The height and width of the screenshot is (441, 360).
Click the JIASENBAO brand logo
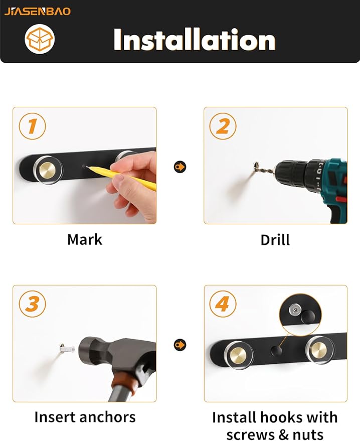[38, 12]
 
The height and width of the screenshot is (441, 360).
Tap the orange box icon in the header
[40, 39]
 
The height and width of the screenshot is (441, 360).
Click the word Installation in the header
[195, 39]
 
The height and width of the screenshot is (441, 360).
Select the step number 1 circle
[32, 126]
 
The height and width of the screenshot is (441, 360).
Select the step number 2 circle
[223, 126]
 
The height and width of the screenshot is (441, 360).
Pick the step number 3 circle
[32, 304]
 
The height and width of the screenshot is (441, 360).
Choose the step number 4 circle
[223, 304]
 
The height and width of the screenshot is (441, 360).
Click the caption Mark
[85, 240]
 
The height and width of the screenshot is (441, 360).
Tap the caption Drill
[275, 240]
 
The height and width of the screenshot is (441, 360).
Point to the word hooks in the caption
[270, 417]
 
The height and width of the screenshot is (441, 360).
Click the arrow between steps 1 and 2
[180, 167]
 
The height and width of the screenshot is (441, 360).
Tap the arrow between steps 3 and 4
[180, 345]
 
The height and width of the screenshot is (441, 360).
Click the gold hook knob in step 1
[48, 170]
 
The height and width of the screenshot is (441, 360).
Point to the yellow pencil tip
[87, 167]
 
